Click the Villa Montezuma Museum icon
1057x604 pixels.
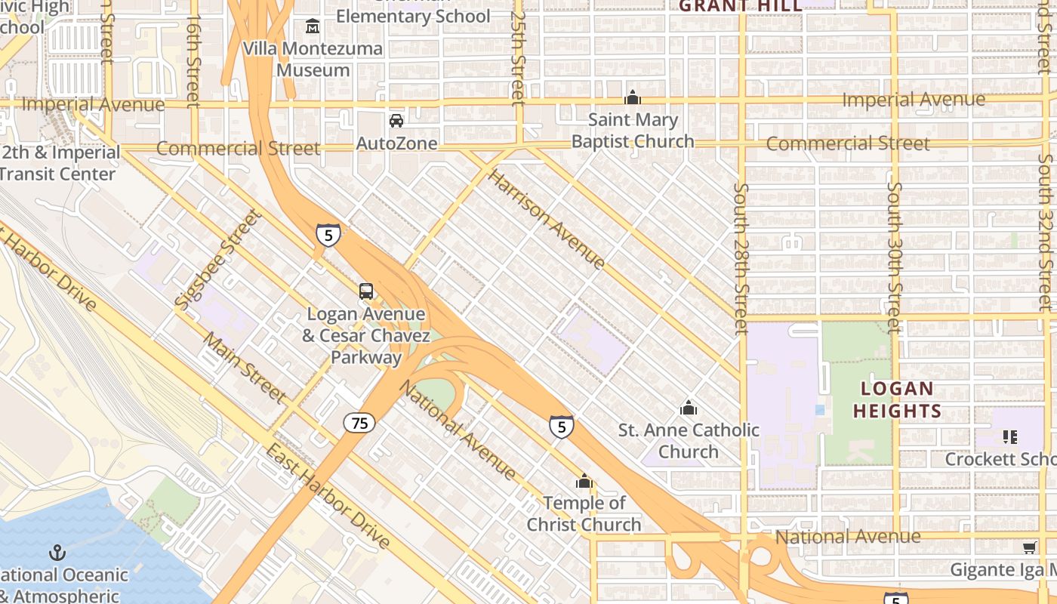tap(313, 27)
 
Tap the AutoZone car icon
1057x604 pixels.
tap(396, 121)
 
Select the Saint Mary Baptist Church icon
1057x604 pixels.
tap(633, 97)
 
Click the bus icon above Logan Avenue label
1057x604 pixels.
tap(366, 291)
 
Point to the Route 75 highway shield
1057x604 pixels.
tap(359, 423)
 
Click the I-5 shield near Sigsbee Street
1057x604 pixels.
tap(328, 236)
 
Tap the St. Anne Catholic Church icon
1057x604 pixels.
tap(689, 408)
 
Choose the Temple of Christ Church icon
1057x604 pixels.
tap(584, 481)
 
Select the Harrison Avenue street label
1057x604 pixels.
tap(547, 220)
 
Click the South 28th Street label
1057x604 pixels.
tap(742, 259)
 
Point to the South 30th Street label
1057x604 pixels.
tap(895, 257)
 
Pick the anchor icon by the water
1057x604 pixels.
tap(57, 553)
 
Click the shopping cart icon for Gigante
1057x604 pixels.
tap(1029, 547)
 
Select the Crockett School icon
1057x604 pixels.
tap(1010, 436)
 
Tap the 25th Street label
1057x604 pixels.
tap(517, 57)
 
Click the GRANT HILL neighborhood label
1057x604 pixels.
tap(740, 6)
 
